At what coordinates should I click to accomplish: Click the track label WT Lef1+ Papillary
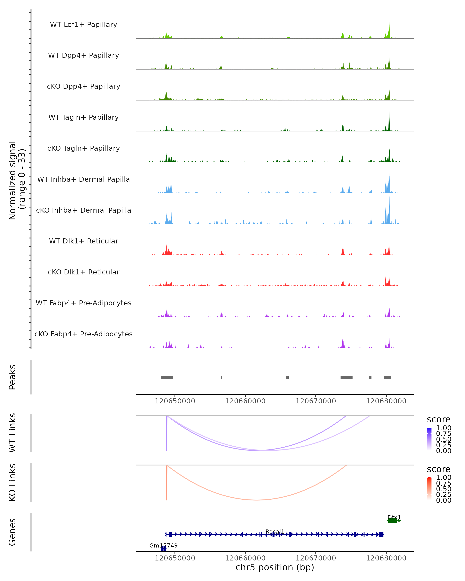click(84, 25)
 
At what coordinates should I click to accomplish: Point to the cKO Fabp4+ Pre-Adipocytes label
click(84, 334)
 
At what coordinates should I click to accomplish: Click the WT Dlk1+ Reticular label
click(84, 241)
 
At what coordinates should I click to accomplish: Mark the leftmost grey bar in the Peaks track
click(167, 377)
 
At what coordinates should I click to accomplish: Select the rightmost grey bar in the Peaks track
click(387, 377)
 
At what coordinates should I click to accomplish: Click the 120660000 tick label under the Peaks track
click(245, 401)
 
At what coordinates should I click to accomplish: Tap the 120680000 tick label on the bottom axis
click(386, 558)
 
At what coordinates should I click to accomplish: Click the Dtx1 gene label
click(394, 518)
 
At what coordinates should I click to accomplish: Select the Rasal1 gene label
click(275, 532)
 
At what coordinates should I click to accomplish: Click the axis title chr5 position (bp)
click(275, 567)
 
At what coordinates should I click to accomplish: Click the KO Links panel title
click(12, 483)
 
